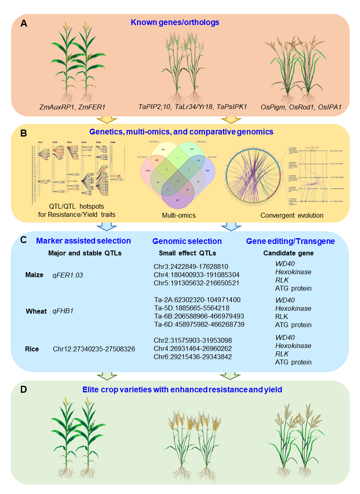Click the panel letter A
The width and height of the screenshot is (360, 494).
click(x=24, y=23)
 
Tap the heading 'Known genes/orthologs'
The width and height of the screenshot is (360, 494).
click(x=175, y=22)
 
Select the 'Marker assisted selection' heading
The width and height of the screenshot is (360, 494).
click(x=84, y=241)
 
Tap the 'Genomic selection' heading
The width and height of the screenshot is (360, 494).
click(x=187, y=241)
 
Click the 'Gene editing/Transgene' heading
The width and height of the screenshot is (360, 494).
click(x=290, y=241)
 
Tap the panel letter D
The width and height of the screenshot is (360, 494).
click(x=24, y=389)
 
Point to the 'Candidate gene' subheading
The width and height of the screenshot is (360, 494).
click(x=288, y=253)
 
